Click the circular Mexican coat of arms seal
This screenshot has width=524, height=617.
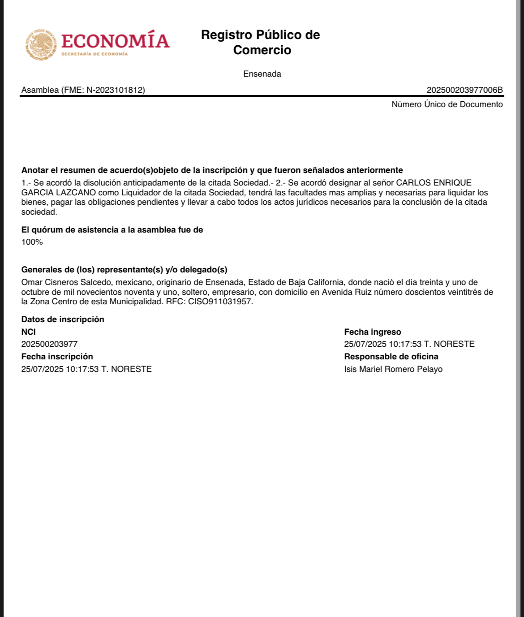41,45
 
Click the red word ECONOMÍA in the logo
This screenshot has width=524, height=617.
115,41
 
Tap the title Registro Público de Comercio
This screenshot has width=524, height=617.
261,42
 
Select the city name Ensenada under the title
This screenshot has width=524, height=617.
262,74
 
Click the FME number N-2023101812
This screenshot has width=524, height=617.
116,90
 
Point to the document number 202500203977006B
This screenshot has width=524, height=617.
464,90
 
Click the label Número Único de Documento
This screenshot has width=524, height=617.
447,104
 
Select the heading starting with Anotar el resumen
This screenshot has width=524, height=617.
212,170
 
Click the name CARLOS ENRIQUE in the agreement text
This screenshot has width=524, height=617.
434,183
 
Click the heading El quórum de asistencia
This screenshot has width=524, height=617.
112,230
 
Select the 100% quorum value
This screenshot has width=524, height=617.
32,242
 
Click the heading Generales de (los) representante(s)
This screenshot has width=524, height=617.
124,270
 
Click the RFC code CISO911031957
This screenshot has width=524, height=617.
220,302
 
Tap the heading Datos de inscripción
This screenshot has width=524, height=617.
63,319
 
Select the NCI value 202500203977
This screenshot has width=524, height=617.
49,344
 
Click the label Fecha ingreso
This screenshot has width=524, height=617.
373,332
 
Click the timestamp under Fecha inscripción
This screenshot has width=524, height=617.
86,369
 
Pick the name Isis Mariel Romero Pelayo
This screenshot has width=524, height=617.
393,369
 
